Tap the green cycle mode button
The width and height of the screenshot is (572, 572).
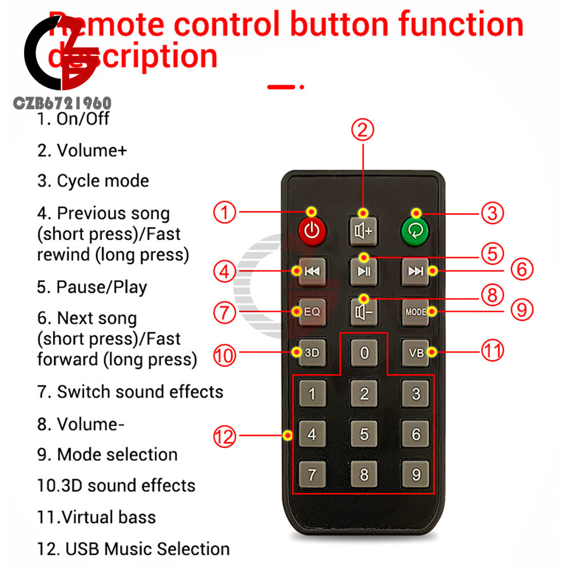[x=416, y=231]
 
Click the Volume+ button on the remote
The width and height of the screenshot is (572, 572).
[x=364, y=231]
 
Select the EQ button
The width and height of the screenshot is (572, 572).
[x=312, y=312]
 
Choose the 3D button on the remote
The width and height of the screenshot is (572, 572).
[x=312, y=352]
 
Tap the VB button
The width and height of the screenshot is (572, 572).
[x=416, y=352]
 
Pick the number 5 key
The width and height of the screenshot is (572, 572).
[x=364, y=434]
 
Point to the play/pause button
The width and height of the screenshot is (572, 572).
[x=364, y=271]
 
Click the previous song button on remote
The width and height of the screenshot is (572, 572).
[x=312, y=271]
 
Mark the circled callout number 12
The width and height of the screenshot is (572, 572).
[x=224, y=438]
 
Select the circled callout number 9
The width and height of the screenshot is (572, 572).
[x=521, y=311]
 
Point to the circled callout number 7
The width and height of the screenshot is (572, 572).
[x=225, y=312]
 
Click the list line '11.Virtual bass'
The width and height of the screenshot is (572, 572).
[x=97, y=517]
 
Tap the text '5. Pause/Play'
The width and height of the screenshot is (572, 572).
[x=92, y=287]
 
